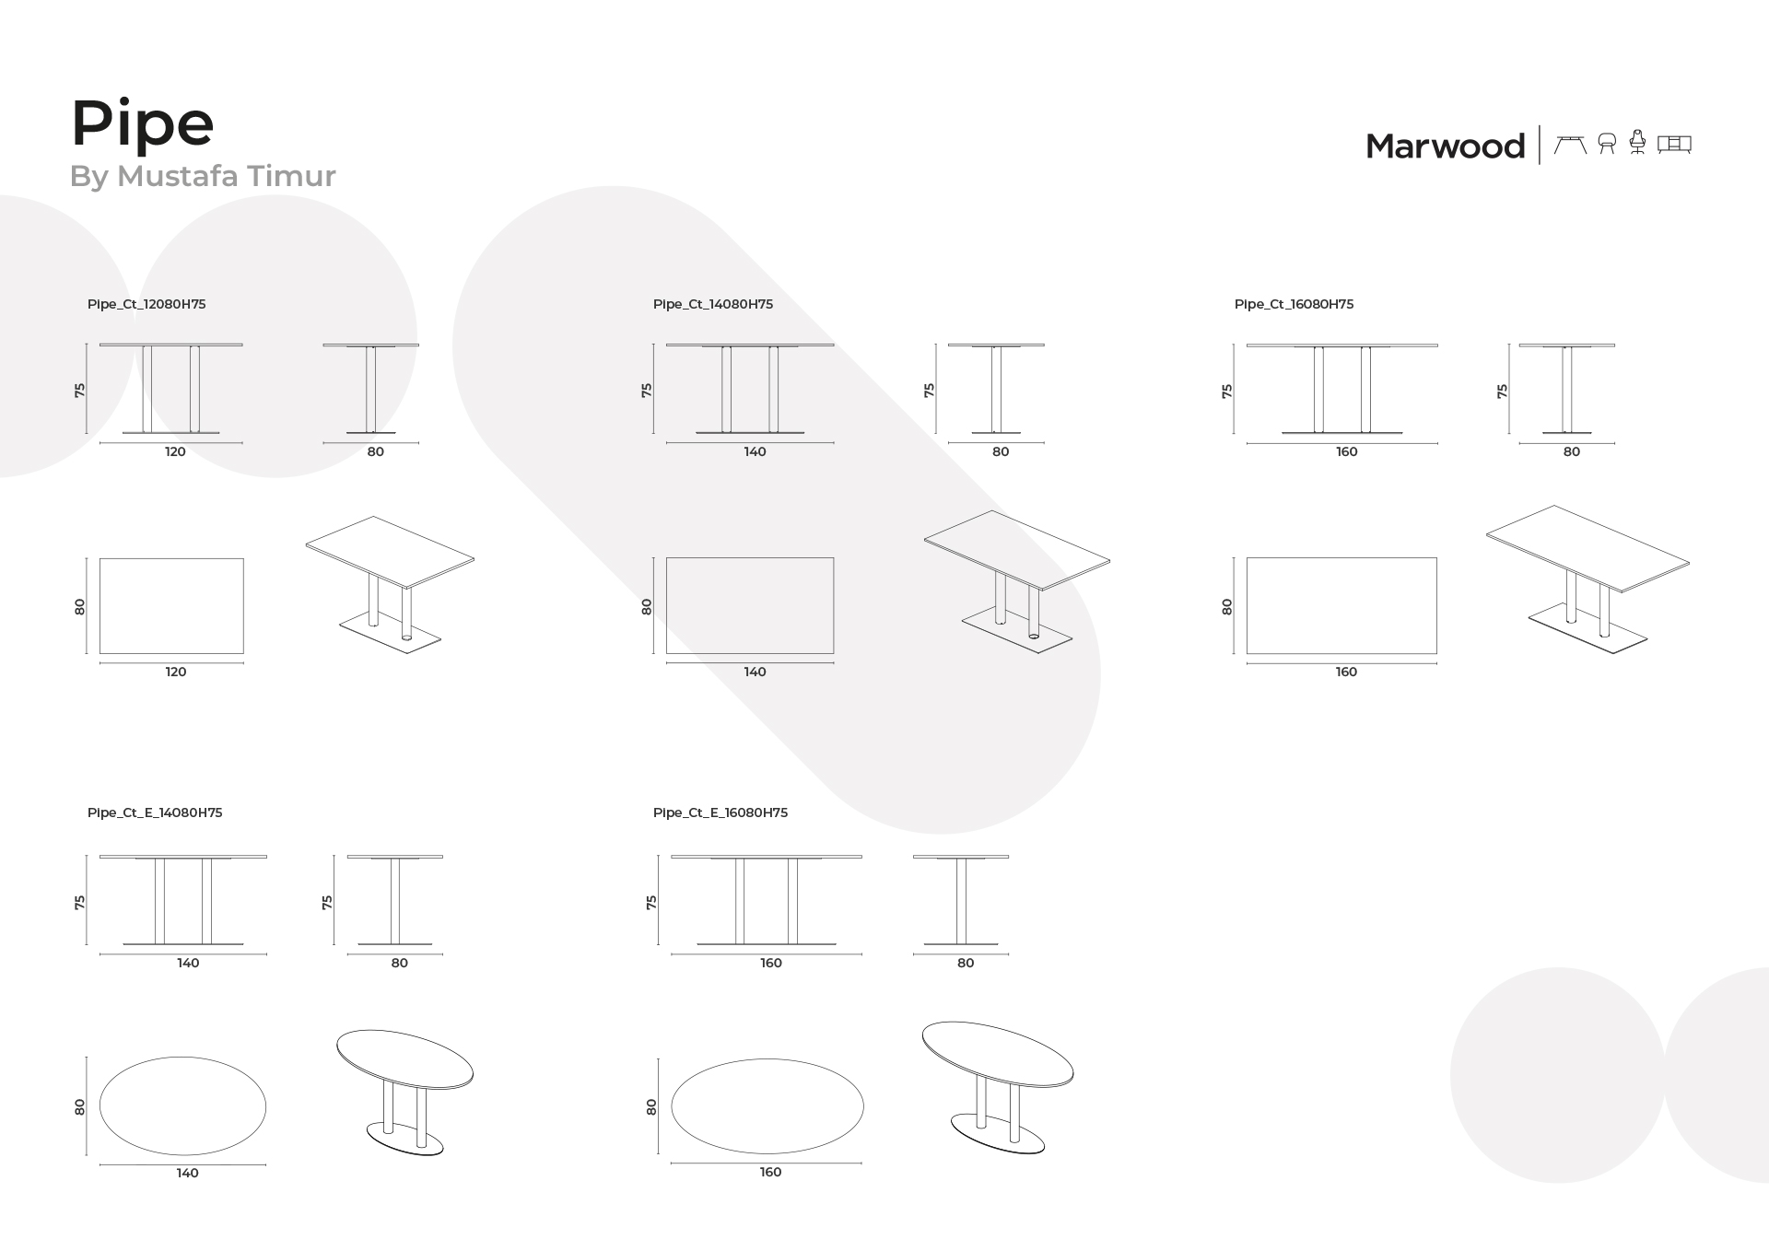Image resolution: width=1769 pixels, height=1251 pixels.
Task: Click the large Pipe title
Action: [143, 123]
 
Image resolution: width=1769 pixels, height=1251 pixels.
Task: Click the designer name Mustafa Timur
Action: [227, 175]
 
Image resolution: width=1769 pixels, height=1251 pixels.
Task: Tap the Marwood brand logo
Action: [1445, 146]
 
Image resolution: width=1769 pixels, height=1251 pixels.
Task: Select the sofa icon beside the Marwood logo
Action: [1674, 144]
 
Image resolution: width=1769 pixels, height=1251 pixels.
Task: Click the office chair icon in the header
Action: [1637, 142]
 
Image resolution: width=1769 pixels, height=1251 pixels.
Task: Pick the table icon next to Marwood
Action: [1570, 144]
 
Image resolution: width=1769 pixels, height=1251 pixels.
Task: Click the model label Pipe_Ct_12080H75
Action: [146, 304]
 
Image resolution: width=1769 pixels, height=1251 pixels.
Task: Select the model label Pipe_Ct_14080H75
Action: [713, 304]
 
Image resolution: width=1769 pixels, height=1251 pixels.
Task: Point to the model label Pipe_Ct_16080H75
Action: [1295, 304]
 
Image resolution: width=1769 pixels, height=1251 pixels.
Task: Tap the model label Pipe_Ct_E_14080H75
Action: [155, 813]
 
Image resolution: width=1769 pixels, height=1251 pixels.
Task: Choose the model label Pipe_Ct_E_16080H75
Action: [720, 813]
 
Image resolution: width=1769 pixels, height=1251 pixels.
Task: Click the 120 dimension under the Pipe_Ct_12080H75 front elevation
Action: [175, 451]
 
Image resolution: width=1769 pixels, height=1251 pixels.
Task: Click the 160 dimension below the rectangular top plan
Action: [1346, 672]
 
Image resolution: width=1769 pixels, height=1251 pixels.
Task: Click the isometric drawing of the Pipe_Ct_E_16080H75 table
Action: [998, 1087]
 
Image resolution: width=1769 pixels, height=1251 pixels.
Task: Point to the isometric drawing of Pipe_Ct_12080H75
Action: [391, 585]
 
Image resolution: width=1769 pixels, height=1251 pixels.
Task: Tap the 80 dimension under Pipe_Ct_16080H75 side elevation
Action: [1572, 451]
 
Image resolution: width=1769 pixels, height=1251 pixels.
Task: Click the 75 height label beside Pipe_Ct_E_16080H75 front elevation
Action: [651, 902]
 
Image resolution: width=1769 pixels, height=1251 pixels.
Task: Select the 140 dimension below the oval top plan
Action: [187, 1173]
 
